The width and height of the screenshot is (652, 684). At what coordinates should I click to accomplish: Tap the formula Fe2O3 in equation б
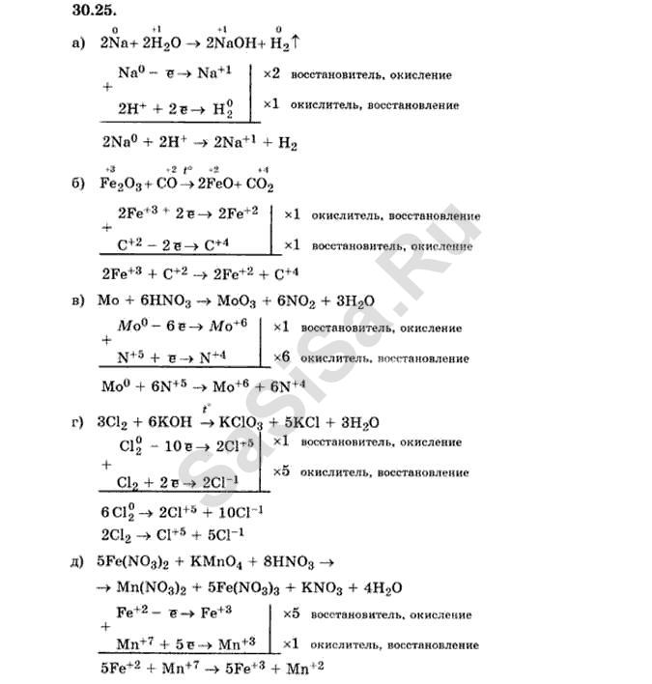[x=120, y=184]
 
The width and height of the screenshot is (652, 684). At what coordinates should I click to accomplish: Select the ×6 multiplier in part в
[x=282, y=358]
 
